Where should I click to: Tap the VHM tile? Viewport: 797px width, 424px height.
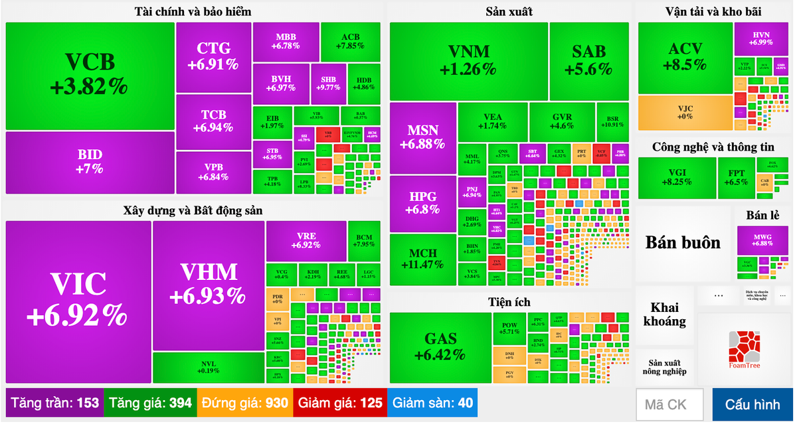coord(209,285)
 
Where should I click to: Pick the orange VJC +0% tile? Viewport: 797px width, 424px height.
coord(685,113)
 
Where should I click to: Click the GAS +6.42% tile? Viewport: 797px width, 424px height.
coord(440,347)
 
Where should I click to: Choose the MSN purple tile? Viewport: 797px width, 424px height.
coord(423,137)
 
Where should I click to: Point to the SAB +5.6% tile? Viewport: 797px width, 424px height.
coord(588,60)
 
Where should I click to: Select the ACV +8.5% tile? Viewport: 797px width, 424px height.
coord(685,57)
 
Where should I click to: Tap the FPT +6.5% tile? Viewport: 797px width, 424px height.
coord(735,177)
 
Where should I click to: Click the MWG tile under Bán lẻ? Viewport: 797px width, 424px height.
coord(762,240)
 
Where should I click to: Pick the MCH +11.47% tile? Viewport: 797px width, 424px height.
coord(423,259)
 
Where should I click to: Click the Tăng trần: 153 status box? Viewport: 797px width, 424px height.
coord(54,403)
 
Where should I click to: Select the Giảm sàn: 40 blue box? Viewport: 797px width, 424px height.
coord(432,403)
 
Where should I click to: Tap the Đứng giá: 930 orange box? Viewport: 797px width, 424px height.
coord(245,403)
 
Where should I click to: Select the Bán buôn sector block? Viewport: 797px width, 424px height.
coord(683,242)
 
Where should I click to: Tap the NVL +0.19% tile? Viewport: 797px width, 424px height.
coord(209,367)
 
